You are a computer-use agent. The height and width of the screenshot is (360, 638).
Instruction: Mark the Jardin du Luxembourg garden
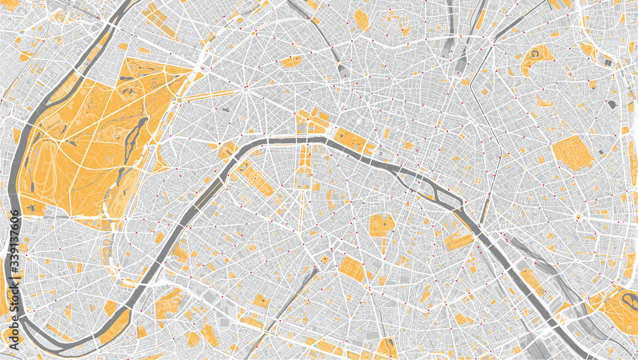[380, 225]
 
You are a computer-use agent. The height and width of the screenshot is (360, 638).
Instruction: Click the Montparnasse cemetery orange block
[352, 268]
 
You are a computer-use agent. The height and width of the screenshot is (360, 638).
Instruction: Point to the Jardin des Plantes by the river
[459, 239]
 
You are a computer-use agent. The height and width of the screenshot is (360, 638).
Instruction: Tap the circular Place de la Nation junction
[578, 218]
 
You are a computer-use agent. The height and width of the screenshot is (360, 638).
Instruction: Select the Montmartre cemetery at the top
[361, 19]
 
